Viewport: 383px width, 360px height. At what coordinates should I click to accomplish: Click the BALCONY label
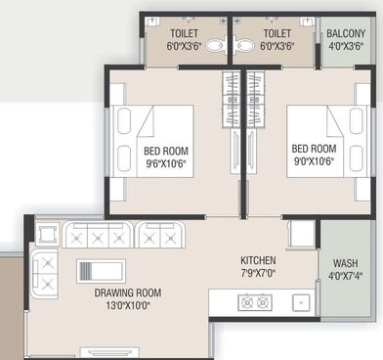348,30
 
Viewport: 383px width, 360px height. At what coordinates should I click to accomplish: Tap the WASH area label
345,262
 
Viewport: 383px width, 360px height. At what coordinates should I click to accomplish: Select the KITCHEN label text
259,260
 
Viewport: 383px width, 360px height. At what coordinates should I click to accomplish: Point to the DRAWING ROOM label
128,292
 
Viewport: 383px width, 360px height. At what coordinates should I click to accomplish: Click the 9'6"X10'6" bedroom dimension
165,164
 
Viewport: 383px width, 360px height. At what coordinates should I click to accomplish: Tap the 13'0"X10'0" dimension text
128,305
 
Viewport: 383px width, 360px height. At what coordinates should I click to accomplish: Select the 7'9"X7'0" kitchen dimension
259,273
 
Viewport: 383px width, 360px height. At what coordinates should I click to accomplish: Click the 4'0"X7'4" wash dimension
345,275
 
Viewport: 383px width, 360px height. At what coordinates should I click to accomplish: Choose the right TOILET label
277,30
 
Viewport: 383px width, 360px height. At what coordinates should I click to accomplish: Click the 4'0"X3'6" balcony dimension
348,44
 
